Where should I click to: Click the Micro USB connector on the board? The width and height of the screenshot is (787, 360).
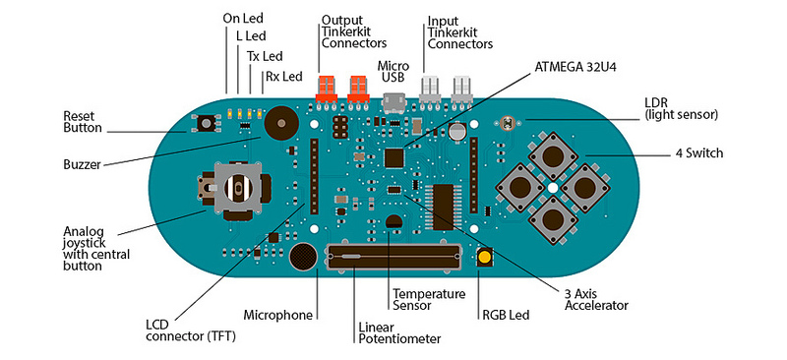pos(393,102)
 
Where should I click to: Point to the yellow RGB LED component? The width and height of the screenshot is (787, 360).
pos(485,258)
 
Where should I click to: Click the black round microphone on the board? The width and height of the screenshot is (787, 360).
pos(304,259)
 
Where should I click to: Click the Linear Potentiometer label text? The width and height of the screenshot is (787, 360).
pos(398,331)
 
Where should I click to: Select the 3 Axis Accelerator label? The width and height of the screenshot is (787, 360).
pos(596,299)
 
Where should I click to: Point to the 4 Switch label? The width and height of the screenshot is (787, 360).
pos(698,153)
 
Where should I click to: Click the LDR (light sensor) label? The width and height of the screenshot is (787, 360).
pos(681,108)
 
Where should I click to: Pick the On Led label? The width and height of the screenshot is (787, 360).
pos(242,18)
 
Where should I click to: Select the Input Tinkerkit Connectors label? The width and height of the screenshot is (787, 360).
pos(459,31)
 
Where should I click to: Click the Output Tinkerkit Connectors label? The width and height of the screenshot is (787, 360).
pos(353,31)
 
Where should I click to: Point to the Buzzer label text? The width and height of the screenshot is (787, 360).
pos(82,164)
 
